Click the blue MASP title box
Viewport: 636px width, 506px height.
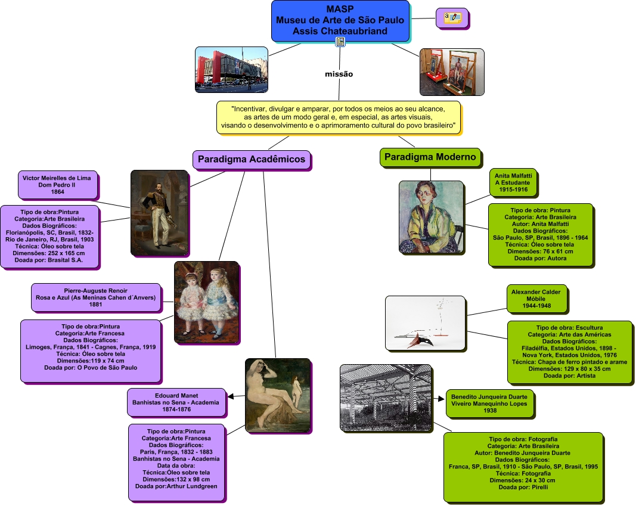point(340,20)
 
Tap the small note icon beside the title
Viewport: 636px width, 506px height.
point(452,18)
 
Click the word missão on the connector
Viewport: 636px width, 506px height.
point(339,74)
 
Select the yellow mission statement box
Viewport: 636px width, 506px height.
point(339,117)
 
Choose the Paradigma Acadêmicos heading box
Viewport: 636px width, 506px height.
point(252,159)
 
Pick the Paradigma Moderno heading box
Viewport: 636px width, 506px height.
point(430,157)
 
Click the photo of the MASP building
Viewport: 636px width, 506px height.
point(231,69)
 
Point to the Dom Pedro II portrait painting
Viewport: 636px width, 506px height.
point(159,213)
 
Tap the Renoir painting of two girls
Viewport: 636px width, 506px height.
point(206,302)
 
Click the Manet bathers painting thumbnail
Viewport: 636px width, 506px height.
point(278,395)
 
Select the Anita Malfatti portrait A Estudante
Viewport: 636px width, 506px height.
point(430,217)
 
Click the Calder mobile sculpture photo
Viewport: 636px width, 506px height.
point(424,323)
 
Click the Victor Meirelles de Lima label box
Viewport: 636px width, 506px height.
point(58,185)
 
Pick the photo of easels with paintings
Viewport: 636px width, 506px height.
point(452,72)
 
